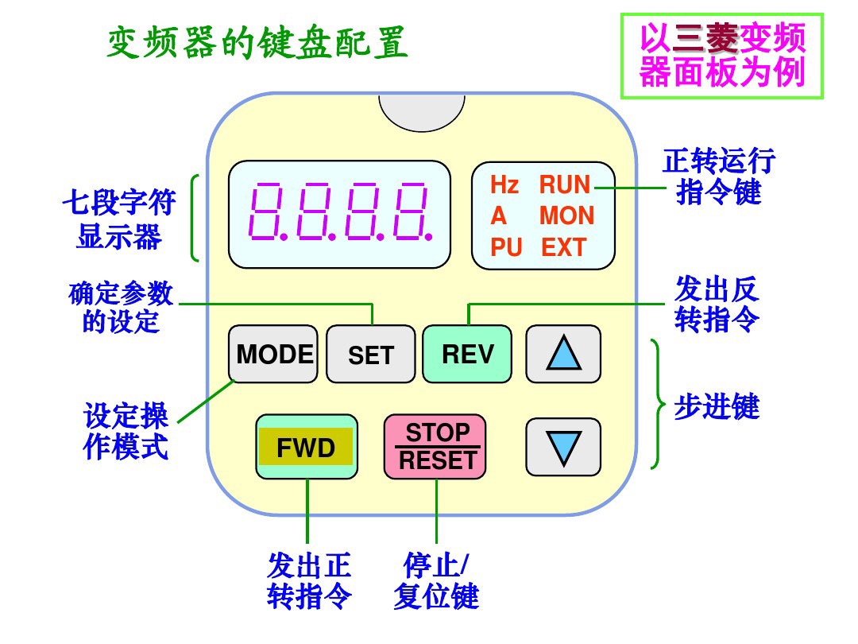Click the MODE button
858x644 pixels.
(x=273, y=354)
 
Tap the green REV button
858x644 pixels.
(x=467, y=354)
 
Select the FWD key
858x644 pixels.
(x=306, y=448)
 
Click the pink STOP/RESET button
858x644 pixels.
(x=436, y=447)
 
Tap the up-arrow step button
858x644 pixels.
(x=563, y=354)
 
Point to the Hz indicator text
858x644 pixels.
(x=504, y=185)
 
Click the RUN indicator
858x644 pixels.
(x=565, y=185)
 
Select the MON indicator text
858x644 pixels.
(x=566, y=215)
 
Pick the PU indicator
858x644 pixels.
(x=506, y=247)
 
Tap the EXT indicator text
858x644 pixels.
(x=563, y=247)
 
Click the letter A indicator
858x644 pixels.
(x=498, y=215)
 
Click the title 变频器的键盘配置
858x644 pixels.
(x=257, y=45)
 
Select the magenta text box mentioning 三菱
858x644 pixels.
(x=722, y=56)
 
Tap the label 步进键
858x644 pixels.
(x=717, y=406)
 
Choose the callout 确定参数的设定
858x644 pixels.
(x=121, y=307)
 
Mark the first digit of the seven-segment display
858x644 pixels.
(x=264, y=211)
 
